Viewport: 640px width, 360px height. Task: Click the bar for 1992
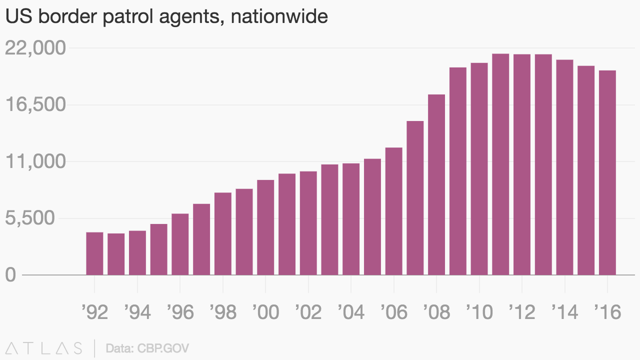[94, 253]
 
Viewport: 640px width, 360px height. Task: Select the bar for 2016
[607, 172]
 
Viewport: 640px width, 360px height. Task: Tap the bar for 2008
[436, 184]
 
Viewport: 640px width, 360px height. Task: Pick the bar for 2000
[265, 227]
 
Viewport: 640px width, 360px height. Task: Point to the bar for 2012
[522, 164]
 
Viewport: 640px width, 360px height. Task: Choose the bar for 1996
[180, 244]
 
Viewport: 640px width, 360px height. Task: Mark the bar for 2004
[351, 219]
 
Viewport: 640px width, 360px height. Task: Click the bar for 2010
[479, 169]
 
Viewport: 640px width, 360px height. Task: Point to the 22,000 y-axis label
[35, 48]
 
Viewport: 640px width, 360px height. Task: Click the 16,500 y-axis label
[35, 105]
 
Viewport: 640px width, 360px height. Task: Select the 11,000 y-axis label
[35, 162]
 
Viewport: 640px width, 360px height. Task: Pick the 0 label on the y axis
[11, 275]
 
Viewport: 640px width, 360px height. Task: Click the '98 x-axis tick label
[223, 312]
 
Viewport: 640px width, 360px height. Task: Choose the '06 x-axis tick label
[394, 312]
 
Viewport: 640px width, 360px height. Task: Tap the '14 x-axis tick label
[565, 312]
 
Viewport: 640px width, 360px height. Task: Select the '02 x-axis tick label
[308, 312]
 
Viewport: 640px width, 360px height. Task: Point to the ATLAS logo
[44, 348]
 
